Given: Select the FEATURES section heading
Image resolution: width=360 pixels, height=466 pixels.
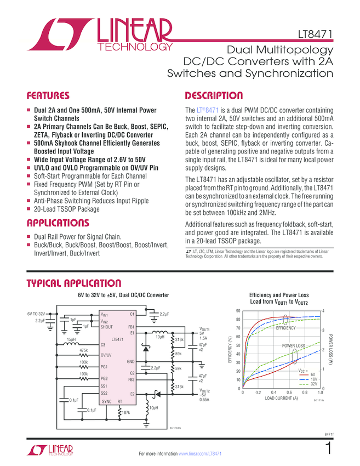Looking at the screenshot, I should tap(49, 95).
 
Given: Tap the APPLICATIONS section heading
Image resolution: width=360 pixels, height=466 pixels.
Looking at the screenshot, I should tap(58, 223).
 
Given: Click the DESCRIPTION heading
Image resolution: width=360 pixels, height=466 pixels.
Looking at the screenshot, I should tap(214, 95).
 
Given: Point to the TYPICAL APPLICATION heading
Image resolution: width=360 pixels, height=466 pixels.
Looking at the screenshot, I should tap(74, 283).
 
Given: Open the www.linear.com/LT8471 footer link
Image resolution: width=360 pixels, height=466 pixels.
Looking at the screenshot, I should tap(200, 454).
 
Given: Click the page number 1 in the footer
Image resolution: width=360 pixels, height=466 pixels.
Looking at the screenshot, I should tap(328, 449).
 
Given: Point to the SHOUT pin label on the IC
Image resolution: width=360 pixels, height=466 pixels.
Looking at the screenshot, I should tap(107, 327).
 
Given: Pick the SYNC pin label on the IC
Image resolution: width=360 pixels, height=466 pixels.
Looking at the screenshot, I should tap(106, 401).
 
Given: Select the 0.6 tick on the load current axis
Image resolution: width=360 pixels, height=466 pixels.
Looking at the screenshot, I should tap(289, 393).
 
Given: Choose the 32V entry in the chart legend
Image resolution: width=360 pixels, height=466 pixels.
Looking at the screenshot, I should tap(314, 384).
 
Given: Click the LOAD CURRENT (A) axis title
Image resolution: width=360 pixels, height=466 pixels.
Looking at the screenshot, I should tap(282, 399).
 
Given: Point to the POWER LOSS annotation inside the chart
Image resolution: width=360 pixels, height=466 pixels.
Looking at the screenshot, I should tap(294, 346).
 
